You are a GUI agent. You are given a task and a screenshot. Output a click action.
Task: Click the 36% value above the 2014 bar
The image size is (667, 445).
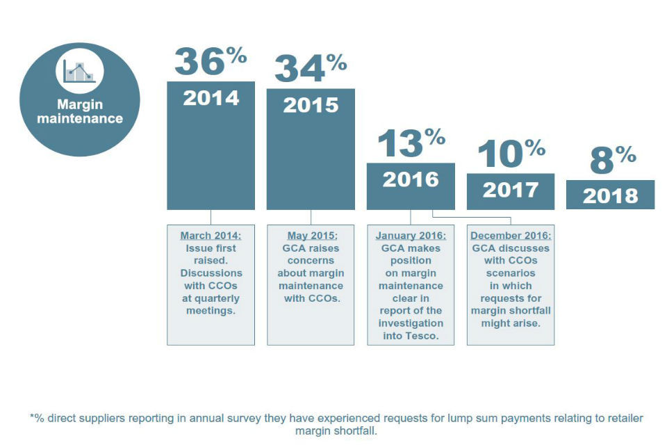(210, 60)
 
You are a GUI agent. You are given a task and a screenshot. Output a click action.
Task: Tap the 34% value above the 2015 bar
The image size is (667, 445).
(310, 68)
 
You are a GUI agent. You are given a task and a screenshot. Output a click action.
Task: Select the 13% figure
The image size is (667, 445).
(410, 143)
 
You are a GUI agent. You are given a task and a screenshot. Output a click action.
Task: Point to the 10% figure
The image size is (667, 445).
(510, 153)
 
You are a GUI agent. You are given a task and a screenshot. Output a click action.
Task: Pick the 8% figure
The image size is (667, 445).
(611, 160)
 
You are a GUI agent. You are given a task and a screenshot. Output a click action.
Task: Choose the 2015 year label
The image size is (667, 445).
(311, 104)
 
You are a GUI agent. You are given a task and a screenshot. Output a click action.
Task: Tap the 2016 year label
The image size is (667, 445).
(411, 179)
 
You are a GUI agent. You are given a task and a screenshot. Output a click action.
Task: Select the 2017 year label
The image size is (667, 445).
(511, 189)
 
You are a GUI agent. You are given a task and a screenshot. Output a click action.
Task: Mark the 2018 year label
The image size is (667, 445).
(610, 195)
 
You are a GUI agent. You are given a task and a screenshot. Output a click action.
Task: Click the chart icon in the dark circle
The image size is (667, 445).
(79, 70)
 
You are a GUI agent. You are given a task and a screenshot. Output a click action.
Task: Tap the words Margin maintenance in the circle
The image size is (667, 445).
(79, 111)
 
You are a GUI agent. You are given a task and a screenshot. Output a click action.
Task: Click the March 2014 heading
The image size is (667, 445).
(211, 235)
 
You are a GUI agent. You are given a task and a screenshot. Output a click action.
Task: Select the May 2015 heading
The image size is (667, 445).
(311, 235)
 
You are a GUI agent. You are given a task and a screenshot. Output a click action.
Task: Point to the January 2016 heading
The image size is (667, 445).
(411, 235)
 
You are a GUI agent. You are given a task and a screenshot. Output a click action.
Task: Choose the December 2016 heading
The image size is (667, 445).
(511, 235)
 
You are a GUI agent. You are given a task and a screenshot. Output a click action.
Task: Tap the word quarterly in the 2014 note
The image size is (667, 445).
(211, 298)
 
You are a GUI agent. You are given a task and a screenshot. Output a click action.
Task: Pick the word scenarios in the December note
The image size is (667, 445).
(511, 273)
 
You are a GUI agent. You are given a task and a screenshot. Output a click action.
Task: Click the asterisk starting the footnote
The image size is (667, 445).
(32, 419)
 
